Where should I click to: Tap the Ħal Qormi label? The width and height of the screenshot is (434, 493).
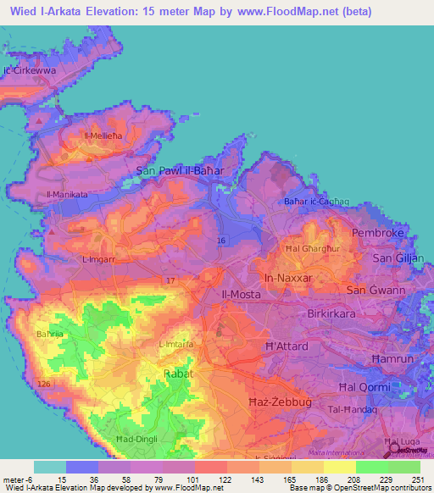click(366, 387)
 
